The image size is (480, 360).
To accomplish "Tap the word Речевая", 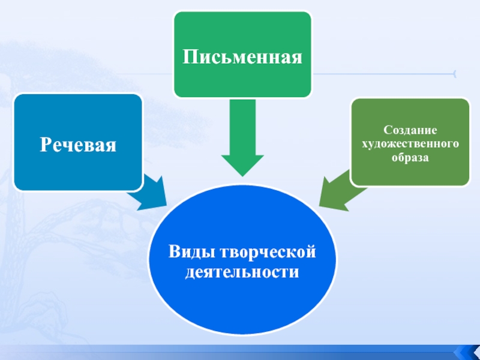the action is [x=78, y=145].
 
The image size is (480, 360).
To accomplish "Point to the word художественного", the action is [x=409, y=144].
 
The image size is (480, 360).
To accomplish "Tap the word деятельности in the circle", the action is [x=242, y=272].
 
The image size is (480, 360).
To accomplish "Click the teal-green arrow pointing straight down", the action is [x=242, y=135].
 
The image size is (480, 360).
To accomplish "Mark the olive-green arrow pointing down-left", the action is [x=337, y=189].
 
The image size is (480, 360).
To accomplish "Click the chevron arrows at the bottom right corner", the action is [x=466, y=352].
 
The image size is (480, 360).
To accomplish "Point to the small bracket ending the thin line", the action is [x=454, y=74].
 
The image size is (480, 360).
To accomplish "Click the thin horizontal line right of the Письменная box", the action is [x=384, y=74].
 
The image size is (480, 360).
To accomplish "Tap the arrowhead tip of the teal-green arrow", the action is [x=242, y=174].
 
